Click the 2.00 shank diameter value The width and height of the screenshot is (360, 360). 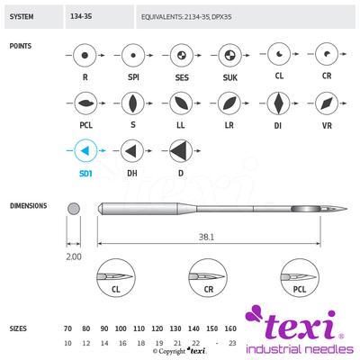73,255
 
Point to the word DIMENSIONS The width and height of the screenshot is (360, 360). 29,205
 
